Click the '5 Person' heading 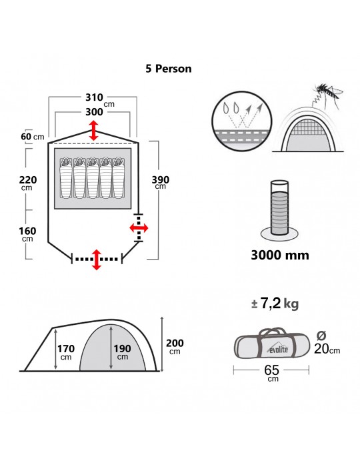[169, 69]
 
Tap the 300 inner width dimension [94, 112]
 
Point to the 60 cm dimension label [33, 137]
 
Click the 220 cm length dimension [28, 183]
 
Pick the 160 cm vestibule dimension [27, 233]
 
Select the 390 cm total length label [161, 182]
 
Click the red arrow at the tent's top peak [94, 131]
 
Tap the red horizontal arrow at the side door [139, 228]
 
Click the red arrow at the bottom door [97, 260]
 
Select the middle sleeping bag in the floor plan [93, 178]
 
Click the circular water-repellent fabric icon [242, 121]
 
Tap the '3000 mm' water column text [280, 256]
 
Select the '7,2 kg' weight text [275, 304]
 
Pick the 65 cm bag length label [272, 373]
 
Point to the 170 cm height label [66, 352]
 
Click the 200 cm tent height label [175, 346]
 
